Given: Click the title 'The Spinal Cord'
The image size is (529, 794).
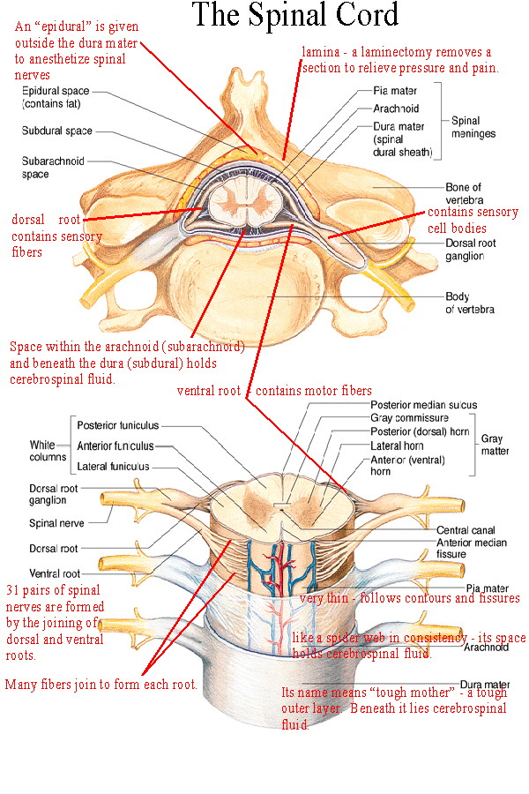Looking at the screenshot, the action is click(295, 15).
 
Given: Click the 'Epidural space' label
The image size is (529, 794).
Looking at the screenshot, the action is click(56, 91).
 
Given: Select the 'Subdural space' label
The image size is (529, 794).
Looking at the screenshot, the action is click(56, 131).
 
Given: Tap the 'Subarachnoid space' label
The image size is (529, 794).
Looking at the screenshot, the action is click(53, 168).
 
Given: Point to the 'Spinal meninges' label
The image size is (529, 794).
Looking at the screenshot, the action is click(473, 127).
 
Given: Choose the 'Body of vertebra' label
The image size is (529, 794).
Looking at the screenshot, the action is click(470, 303).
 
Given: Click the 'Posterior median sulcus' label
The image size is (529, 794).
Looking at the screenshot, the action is click(424, 405).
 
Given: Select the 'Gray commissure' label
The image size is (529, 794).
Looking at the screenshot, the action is click(409, 418).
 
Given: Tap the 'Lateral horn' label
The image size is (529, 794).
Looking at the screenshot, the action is click(397, 446).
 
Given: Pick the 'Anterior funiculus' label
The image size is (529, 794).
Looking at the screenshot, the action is click(115, 446).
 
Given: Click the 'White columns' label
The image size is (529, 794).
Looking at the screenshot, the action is click(48, 451).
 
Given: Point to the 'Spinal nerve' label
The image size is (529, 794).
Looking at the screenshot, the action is click(56, 523).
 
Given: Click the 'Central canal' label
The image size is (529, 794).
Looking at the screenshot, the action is click(466, 530).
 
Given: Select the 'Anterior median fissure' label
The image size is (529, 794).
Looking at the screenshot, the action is click(472, 549).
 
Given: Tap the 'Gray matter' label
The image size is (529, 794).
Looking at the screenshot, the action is click(495, 445).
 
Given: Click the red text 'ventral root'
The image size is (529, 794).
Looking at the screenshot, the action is click(209, 391).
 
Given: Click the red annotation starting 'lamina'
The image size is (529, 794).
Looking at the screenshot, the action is click(400, 60).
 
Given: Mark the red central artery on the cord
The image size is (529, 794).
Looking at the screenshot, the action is click(278, 567).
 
